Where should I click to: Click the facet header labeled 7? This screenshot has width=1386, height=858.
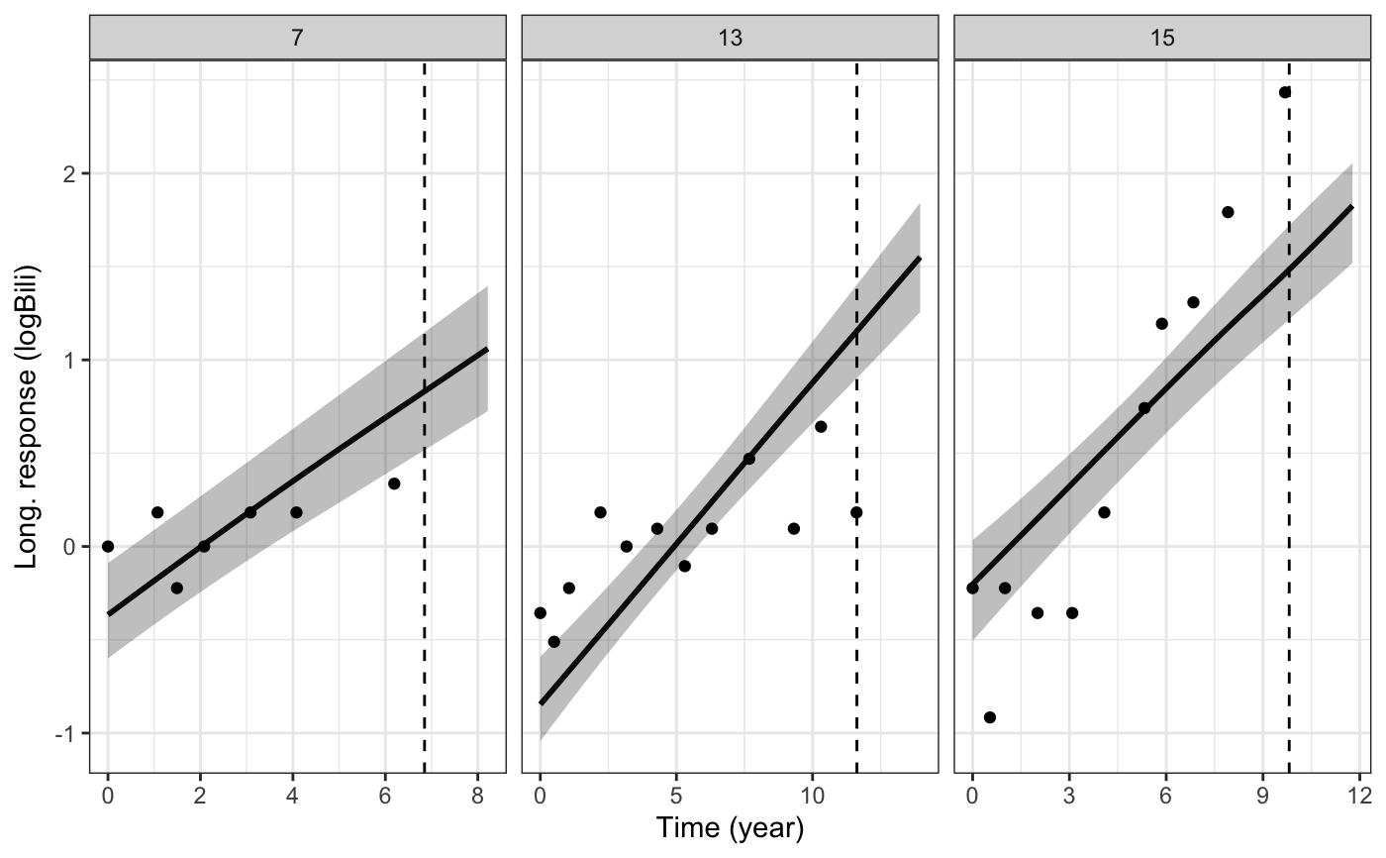[297, 38]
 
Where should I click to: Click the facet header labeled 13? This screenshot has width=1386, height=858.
[730, 38]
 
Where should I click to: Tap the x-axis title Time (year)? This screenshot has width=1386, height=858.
[730, 828]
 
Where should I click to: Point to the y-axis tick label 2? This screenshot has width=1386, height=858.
[68, 174]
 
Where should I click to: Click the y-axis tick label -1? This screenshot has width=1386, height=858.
[64, 733]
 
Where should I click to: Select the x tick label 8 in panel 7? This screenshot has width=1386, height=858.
[477, 795]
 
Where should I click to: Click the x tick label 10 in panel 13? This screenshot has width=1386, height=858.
[812, 795]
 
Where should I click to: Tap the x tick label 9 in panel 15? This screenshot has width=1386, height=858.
[1262, 795]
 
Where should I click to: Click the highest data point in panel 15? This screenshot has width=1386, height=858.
[1285, 92]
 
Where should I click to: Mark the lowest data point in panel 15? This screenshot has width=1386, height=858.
[990, 717]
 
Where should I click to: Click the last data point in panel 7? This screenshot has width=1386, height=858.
[394, 483]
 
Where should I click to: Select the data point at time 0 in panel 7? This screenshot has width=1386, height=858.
[108, 546]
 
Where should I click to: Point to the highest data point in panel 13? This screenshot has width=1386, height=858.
[821, 426]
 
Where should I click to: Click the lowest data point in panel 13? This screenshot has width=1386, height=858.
[553, 642]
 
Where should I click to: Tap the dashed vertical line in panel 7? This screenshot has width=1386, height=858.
[425, 416]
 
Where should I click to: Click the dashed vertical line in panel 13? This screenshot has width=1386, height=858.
[856, 416]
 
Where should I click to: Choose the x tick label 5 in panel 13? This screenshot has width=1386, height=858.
[676, 795]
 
